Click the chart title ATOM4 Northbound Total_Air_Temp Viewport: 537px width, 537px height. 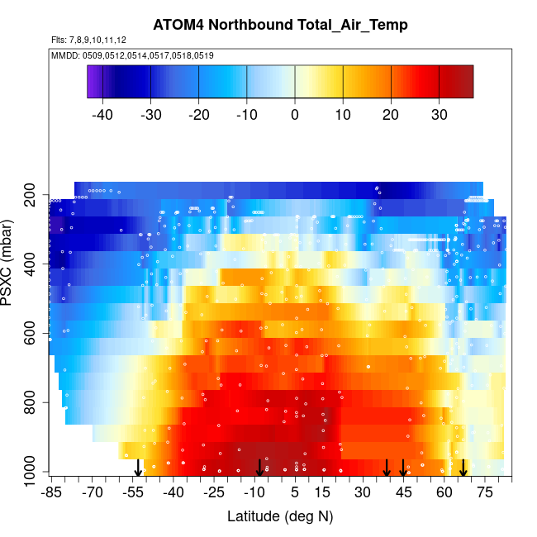point(280,25)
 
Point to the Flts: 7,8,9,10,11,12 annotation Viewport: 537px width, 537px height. point(88,40)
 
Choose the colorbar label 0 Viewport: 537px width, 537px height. point(295,115)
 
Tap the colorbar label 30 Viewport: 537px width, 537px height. point(439,115)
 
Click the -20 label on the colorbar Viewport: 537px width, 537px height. point(198,115)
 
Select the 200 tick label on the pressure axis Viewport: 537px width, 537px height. point(30,199)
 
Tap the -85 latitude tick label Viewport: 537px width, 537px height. point(51,493)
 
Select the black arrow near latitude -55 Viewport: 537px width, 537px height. point(139,468)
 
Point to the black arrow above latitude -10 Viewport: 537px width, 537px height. point(259,468)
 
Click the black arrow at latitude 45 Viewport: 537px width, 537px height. point(403,468)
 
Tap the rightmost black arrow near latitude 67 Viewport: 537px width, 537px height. point(463,468)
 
